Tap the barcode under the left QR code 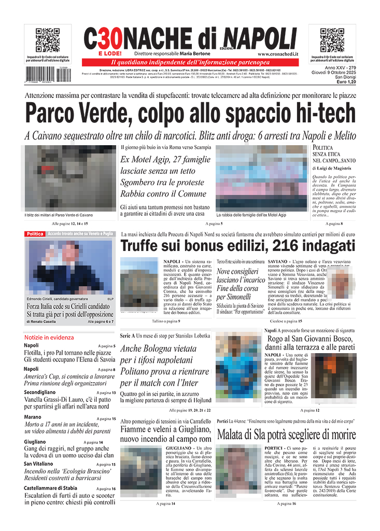44,73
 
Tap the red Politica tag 35,234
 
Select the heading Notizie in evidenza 49,337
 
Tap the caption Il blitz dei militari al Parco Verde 58,215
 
